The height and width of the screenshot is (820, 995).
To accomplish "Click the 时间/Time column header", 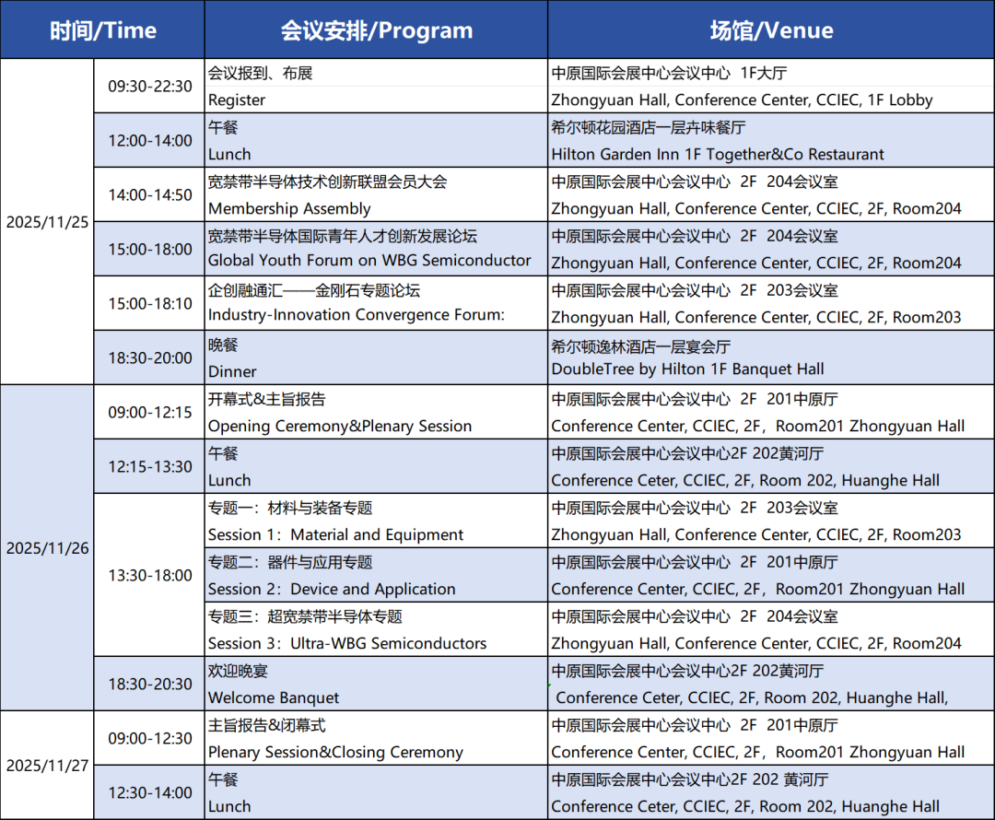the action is (x=103, y=30).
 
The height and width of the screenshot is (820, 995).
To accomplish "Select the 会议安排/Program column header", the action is (x=376, y=30).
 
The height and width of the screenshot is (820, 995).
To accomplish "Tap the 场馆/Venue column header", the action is (x=771, y=30).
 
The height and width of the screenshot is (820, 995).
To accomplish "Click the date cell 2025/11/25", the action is (x=48, y=222).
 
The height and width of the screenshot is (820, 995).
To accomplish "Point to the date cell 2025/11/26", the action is (x=48, y=548).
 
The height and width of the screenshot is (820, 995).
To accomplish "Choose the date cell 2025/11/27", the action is (x=48, y=766).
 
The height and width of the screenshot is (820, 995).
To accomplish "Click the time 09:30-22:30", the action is (x=150, y=87).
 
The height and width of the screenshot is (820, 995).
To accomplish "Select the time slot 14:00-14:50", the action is (x=150, y=194).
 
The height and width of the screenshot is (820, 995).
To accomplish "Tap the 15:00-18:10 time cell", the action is (x=150, y=303).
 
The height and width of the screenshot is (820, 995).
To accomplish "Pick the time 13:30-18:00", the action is (x=150, y=575).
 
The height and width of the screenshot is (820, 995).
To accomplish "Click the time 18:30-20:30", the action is (x=150, y=685).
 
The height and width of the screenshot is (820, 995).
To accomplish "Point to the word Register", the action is (x=237, y=100).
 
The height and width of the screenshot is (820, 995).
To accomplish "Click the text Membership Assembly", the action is (x=289, y=209).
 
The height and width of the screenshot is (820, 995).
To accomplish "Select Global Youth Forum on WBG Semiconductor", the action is (x=369, y=260).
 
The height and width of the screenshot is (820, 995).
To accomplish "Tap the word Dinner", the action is (x=232, y=371).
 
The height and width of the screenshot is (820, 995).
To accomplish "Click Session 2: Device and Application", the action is (x=332, y=589).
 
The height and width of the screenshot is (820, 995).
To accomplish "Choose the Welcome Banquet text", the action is (x=274, y=697).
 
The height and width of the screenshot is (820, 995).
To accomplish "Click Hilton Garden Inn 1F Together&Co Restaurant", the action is (x=718, y=154).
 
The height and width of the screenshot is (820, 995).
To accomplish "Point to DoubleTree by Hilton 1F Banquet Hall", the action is (x=688, y=369).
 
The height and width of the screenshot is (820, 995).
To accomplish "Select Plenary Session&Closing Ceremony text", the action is (x=335, y=752).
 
